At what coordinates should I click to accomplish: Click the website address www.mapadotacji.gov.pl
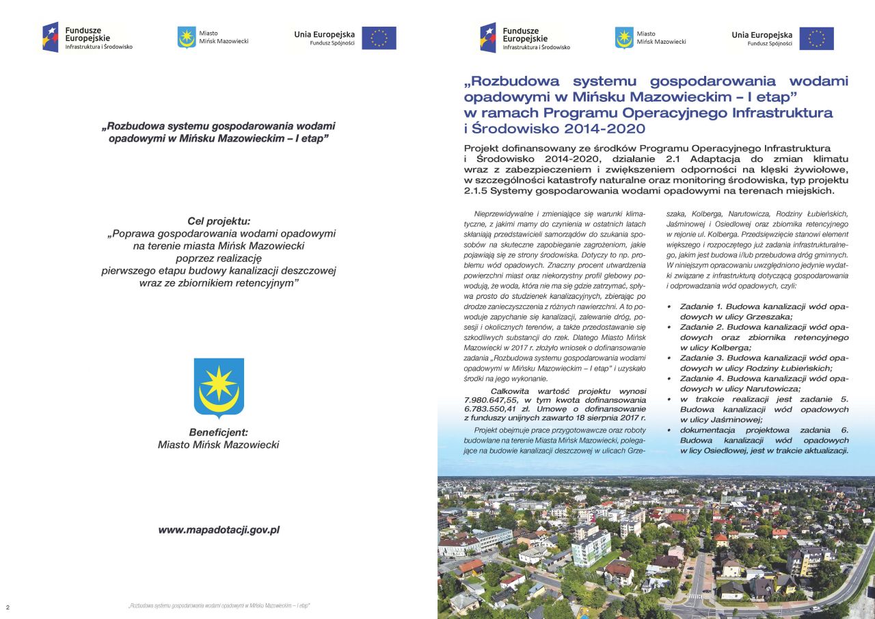[219, 529]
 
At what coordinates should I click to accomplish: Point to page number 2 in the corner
[8, 607]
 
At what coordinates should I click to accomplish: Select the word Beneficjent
[218, 432]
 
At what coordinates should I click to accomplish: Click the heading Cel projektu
[219, 221]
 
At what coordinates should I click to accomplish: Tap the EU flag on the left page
[379, 38]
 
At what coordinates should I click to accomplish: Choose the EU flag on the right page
[816, 38]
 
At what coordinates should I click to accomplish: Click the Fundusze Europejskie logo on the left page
[87, 38]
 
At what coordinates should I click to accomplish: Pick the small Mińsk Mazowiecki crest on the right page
[624, 37]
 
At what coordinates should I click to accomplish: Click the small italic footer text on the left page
[219, 607]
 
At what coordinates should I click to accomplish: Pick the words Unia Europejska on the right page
[762, 34]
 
